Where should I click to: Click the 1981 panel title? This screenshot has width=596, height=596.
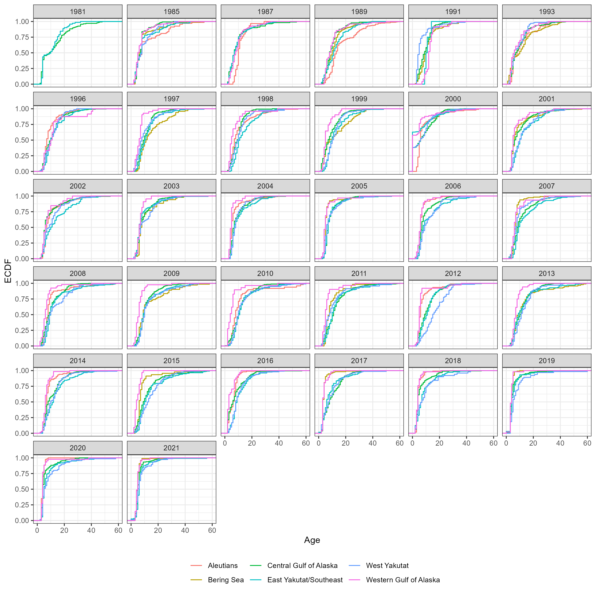(x=77, y=12)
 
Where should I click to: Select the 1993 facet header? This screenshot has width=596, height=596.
(x=547, y=12)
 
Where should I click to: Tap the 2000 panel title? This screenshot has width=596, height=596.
(x=453, y=99)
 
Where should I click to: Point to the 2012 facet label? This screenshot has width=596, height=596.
(x=453, y=274)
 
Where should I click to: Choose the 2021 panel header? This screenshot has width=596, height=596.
(x=171, y=448)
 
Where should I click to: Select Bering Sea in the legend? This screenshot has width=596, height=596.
(x=225, y=580)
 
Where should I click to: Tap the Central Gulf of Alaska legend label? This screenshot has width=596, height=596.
(x=302, y=565)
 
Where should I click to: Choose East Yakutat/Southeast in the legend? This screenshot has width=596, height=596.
(x=305, y=580)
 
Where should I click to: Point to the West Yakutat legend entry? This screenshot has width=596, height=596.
(x=387, y=565)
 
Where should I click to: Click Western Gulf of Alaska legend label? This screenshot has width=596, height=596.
(x=402, y=580)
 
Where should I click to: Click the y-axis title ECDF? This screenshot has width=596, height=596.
(x=8, y=271)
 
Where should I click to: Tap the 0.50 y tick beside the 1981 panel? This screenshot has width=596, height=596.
(x=22, y=53)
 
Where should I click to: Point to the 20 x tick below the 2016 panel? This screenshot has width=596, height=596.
(x=252, y=443)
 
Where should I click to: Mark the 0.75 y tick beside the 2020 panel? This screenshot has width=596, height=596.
(x=22, y=474)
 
